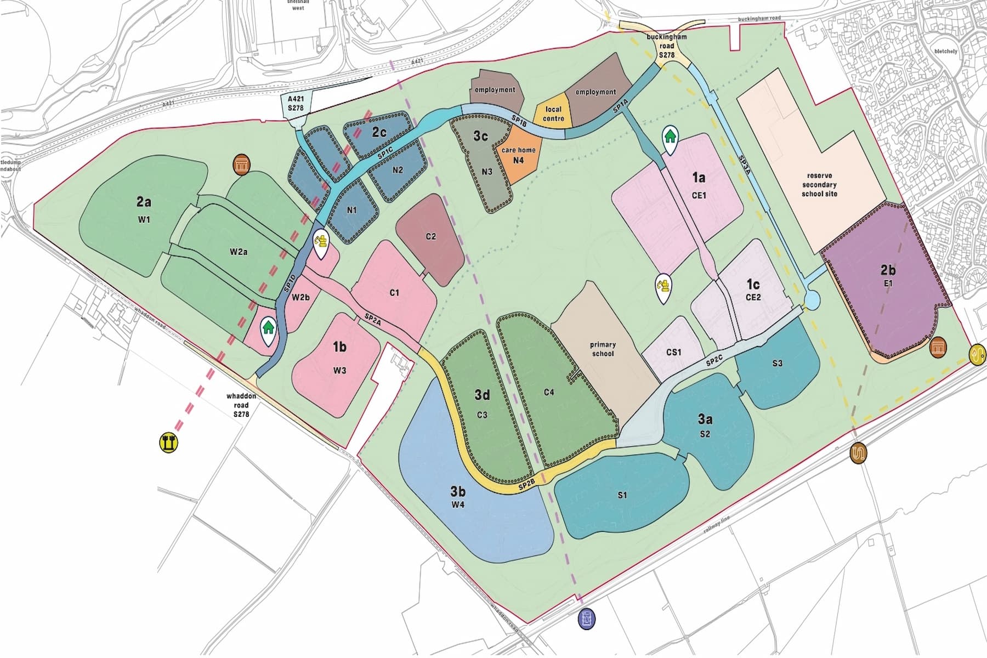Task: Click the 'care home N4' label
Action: tap(518, 155)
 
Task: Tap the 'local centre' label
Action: tap(553, 114)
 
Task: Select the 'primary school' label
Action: tap(603, 349)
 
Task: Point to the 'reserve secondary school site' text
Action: tap(819, 185)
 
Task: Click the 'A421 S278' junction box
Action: tap(295, 104)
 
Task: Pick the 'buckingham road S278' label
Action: tap(666, 46)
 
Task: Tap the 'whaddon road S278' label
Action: tap(241, 405)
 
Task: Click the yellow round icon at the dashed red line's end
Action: tap(169, 443)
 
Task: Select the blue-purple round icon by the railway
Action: tap(587, 619)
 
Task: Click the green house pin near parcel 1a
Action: tap(670, 137)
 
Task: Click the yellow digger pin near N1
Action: tap(320, 243)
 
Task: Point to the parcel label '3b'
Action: tap(458, 491)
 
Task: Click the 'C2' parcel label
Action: tap(431, 236)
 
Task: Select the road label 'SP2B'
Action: tap(526, 484)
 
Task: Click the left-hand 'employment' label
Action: tap(495, 89)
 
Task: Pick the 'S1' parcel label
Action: tap(622, 495)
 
